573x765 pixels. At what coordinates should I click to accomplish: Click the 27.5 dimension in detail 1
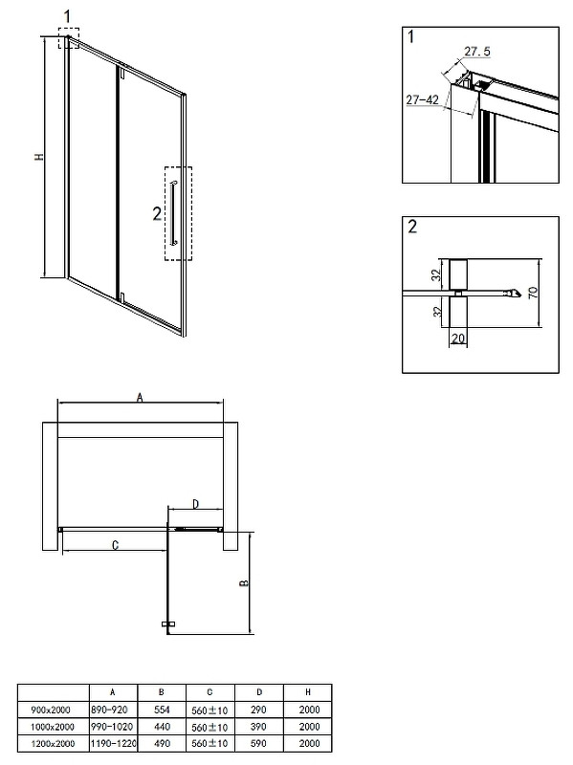(x=476, y=52)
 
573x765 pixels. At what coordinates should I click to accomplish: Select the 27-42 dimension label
(x=422, y=99)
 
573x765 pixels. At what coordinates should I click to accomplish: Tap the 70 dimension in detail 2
(x=533, y=293)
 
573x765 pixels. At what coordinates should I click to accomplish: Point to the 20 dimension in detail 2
(x=458, y=339)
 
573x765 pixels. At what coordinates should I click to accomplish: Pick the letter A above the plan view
(x=140, y=398)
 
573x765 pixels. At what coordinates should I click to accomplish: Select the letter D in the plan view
(x=195, y=504)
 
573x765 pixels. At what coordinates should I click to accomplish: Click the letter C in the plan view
(x=115, y=545)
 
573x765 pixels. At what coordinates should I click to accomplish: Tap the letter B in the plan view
(x=245, y=583)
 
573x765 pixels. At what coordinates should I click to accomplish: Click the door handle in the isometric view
(x=174, y=212)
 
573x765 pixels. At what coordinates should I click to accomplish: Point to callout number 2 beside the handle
(x=157, y=213)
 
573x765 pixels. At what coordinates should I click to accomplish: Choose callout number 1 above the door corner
(x=67, y=16)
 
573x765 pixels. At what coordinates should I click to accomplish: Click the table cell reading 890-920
(x=109, y=710)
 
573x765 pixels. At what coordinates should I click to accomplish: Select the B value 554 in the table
(x=162, y=710)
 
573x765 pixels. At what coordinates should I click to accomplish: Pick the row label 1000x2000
(x=53, y=727)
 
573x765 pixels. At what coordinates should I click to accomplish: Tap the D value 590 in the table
(x=258, y=744)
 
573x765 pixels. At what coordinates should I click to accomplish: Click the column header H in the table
(x=307, y=692)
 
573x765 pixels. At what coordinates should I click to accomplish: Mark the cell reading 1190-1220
(x=113, y=744)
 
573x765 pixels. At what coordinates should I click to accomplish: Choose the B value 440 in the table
(x=162, y=727)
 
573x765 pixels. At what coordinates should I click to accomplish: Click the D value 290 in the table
(x=258, y=710)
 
